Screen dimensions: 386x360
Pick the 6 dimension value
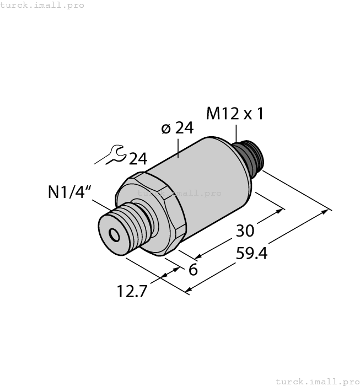tap(193, 270)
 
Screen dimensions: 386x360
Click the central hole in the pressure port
tap(114, 236)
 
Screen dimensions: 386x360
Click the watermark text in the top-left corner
tap(42, 5)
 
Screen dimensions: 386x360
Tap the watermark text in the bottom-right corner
tap(316, 381)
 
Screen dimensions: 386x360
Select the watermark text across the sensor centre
tap(179, 193)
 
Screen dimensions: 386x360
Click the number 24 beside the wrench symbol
tap(138, 159)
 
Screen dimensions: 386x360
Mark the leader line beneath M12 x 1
tap(235, 132)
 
